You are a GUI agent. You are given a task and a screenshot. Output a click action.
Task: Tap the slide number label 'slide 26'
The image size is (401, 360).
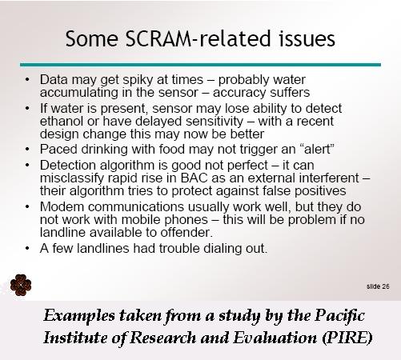378,286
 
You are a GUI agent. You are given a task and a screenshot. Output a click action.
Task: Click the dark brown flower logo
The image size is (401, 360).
21,285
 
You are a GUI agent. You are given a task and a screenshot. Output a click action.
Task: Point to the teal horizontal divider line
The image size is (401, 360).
200,65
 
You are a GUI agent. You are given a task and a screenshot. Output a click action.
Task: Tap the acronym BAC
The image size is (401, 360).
194,178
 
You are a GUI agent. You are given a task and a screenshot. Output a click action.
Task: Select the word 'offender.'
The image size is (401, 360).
186,233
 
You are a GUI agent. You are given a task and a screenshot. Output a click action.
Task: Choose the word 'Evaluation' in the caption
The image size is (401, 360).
275,338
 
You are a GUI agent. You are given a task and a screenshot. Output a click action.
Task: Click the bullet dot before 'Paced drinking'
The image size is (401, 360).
27,149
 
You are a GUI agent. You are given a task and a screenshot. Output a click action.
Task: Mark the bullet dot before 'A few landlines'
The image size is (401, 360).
27,249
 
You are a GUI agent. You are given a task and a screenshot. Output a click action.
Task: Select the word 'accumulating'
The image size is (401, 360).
79,93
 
